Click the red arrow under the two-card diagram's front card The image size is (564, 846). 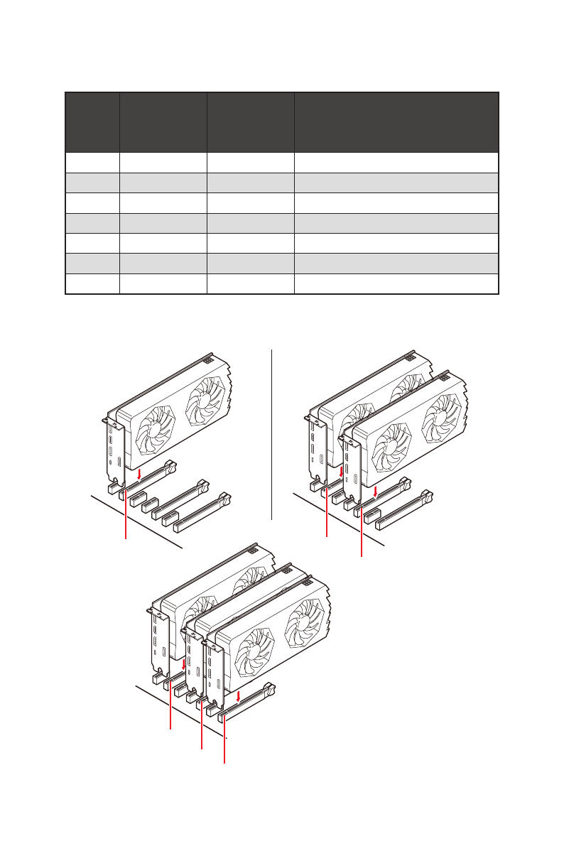[x=375, y=489]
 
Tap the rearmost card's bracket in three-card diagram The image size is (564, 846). [x=158, y=639]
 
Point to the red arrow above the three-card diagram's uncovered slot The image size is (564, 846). [x=239, y=695]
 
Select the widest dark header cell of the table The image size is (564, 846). [x=396, y=121]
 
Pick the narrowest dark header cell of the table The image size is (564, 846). [x=92, y=121]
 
